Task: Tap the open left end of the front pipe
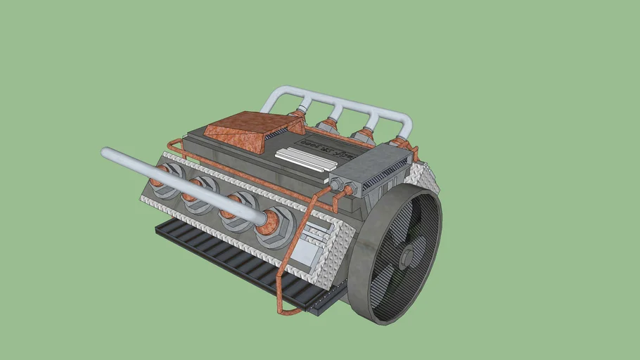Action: pyautogui.click(x=106, y=153)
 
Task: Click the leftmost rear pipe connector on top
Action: pyautogui.click(x=300, y=110)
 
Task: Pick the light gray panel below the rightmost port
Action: pyautogui.click(x=306, y=254)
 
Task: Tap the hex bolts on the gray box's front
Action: pyautogui.click(x=342, y=186)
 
